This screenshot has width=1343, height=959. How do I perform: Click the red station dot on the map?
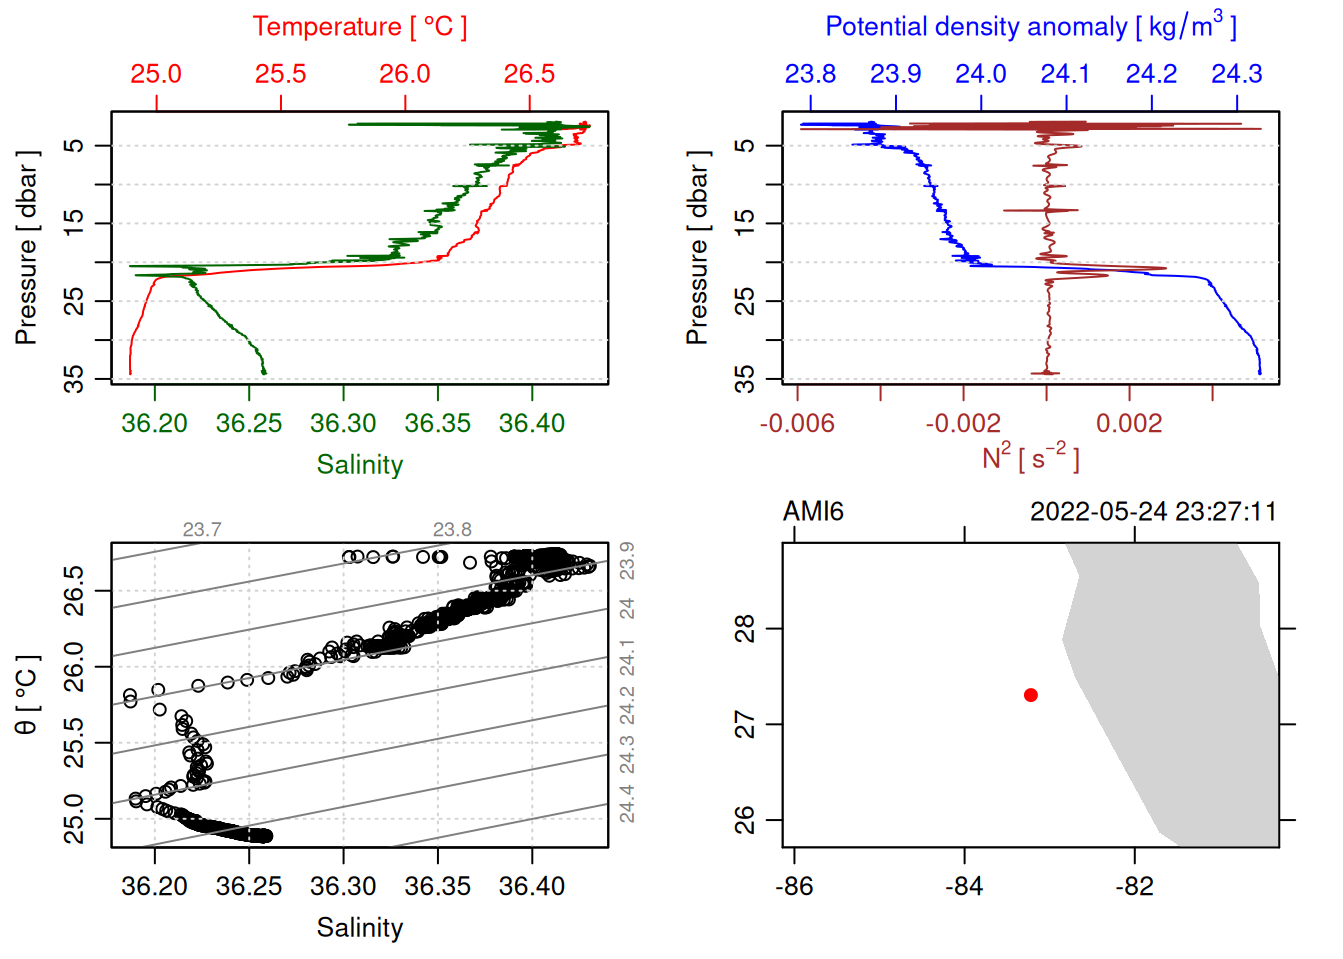1030,695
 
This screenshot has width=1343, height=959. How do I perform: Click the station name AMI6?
813,512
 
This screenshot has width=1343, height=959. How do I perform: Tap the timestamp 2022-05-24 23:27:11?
1153,512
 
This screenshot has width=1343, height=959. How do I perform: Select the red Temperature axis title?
359,27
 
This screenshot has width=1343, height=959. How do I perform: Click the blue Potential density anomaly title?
1030,26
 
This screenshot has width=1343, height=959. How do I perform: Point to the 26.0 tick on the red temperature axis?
405,74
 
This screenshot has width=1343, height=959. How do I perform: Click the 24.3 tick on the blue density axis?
1237,74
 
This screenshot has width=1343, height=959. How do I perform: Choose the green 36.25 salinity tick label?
249,423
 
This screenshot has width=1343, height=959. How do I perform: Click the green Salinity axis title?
359,465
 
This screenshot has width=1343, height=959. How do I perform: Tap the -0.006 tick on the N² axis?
797,423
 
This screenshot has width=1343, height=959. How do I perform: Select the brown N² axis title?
1030,457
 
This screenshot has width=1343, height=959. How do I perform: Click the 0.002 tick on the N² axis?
1129,423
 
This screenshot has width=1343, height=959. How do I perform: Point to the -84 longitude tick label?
964,886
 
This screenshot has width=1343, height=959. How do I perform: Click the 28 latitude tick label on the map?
745,629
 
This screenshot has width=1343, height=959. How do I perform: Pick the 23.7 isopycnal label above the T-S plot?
202,530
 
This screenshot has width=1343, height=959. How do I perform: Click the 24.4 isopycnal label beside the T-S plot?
627,803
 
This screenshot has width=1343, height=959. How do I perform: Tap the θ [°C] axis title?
26,695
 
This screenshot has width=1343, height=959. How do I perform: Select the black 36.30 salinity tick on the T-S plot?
343,886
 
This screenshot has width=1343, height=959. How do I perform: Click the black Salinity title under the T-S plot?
359,928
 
